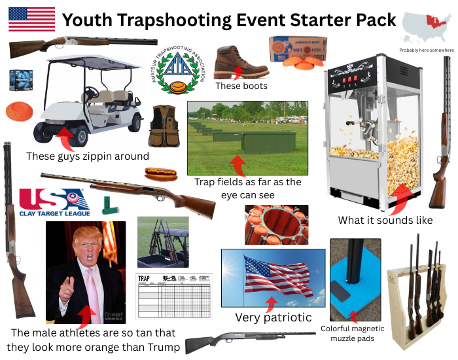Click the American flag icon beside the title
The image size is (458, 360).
click(x=31, y=19)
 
